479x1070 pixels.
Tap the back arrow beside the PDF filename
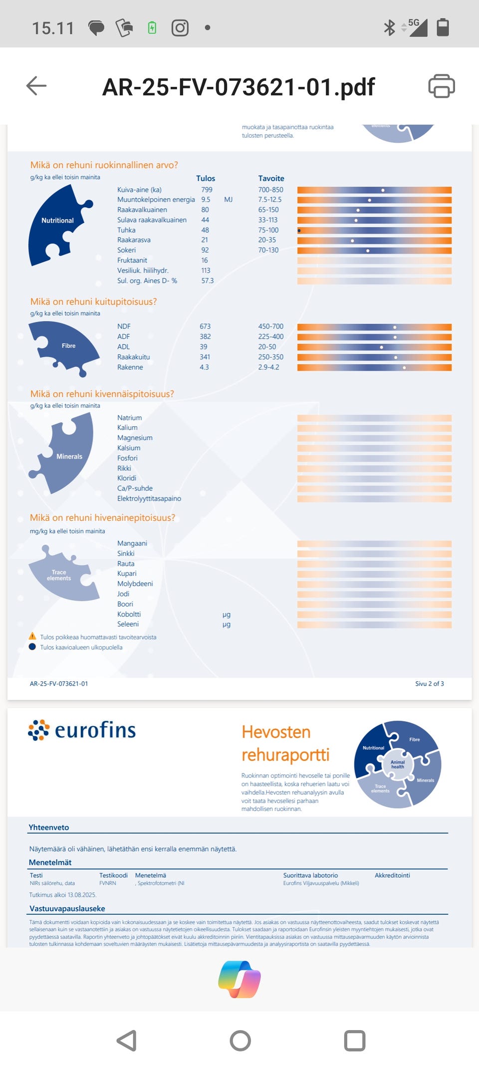[x=36, y=86]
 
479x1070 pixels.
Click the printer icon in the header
[x=441, y=86]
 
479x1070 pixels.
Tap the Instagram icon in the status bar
[x=180, y=28]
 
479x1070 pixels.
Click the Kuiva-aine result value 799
[x=207, y=190]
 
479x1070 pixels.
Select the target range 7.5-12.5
[x=269, y=200]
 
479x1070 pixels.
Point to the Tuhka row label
[x=126, y=230]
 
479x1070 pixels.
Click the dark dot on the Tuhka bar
[x=299, y=231]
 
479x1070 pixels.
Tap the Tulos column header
[x=205, y=178]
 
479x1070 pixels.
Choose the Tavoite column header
[x=271, y=178]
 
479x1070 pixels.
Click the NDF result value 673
[x=205, y=326]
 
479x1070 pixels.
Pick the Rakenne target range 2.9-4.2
[x=268, y=367]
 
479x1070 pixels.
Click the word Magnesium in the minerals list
[x=135, y=438]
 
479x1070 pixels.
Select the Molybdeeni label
[x=135, y=584]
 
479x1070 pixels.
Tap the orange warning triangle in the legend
[x=32, y=636]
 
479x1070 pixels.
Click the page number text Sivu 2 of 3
[x=429, y=684]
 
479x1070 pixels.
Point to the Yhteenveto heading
[x=49, y=827]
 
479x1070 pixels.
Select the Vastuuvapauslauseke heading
[x=67, y=908]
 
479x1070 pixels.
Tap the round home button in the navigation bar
[x=240, y=1041]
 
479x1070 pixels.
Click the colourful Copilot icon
[x=239, y=979]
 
